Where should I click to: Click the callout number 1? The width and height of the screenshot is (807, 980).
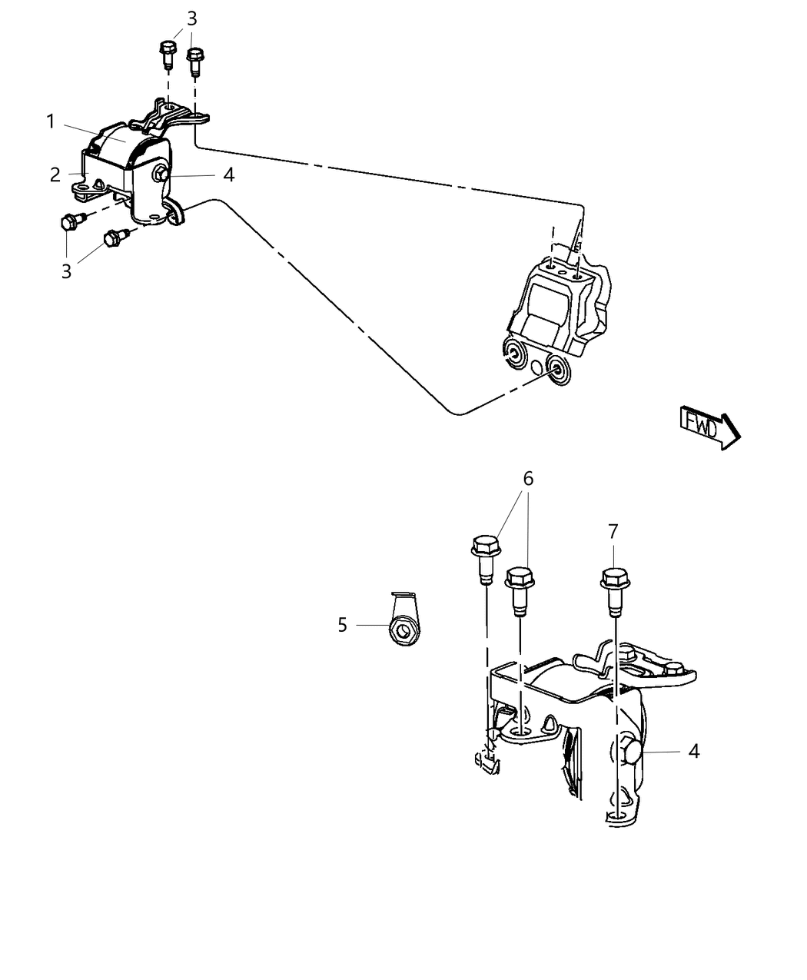[x=50, y=121]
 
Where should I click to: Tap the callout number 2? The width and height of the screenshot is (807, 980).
[x=55, y=174]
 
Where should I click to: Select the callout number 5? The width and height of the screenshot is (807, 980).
[x=343, y=625]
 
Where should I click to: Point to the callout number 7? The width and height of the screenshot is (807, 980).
[x=613, y=531]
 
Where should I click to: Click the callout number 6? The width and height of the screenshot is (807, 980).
[x=528, y=478]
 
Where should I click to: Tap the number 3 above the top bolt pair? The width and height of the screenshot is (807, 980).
[x=191, y=19]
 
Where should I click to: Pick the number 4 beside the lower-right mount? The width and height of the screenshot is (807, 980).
[x=693, y=751]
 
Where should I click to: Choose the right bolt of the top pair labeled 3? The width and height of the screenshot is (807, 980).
[x=195, y=60]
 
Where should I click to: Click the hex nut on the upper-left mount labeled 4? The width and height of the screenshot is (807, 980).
[x=161, y=175]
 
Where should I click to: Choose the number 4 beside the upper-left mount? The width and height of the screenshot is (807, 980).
[x=228, y=175]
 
